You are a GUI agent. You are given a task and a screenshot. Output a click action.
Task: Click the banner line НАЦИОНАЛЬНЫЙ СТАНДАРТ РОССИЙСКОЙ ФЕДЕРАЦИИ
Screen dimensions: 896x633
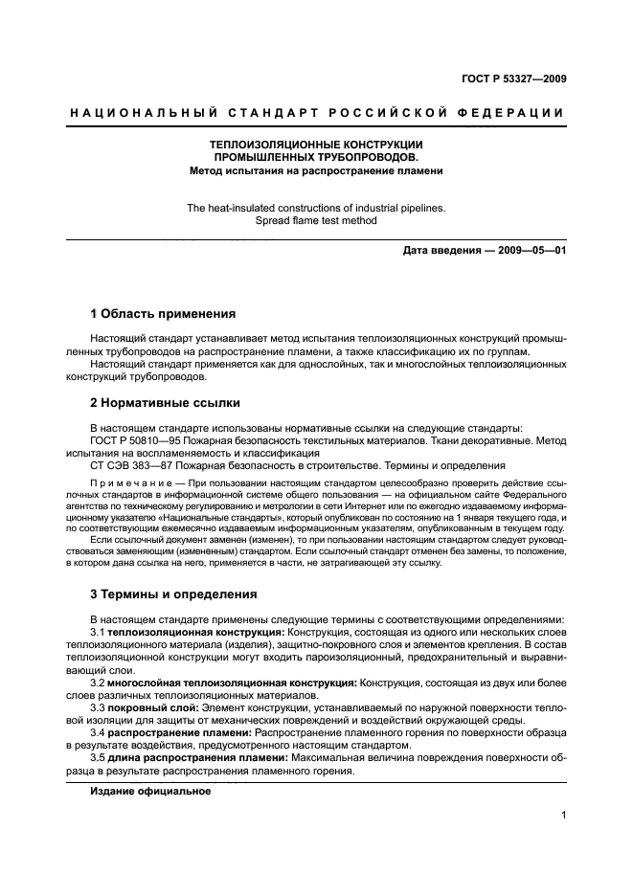click(x=316, y=113)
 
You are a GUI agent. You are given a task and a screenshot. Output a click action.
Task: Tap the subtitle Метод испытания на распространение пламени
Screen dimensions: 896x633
click(x=316, y=171)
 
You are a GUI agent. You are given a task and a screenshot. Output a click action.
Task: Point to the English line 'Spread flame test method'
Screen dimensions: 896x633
click(x=316, y=220)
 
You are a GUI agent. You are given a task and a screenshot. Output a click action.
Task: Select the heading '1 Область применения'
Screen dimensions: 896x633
click(x=162, y=313)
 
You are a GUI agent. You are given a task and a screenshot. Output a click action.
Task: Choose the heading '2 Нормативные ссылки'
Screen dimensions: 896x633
click(x=164, y=403)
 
